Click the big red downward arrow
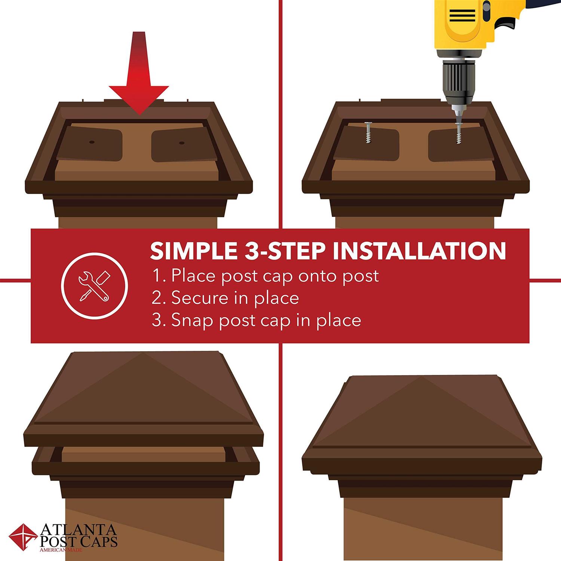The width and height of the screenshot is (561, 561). (x=139, y=75)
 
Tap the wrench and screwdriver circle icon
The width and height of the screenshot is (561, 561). (x=94, y=286)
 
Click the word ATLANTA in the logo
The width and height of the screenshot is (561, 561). (x=78, y=530)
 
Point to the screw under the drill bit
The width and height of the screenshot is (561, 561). (x=458, y=134)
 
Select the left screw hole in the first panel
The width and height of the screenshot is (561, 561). (x=91, y=142)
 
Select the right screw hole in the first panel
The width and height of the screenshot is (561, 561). (x=182, y=142)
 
